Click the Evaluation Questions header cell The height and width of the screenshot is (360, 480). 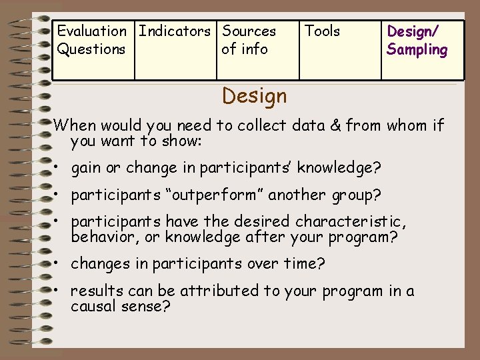point(91,40)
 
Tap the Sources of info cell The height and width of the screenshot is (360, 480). point(249,40)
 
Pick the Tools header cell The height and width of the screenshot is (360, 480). point(322,31)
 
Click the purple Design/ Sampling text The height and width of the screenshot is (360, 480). point(417,40)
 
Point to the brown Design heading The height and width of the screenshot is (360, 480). point(255,96)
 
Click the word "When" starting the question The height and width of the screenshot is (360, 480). point(75,125)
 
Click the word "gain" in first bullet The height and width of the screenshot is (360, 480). point(87,167)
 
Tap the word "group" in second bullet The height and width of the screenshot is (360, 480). point(353,195)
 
